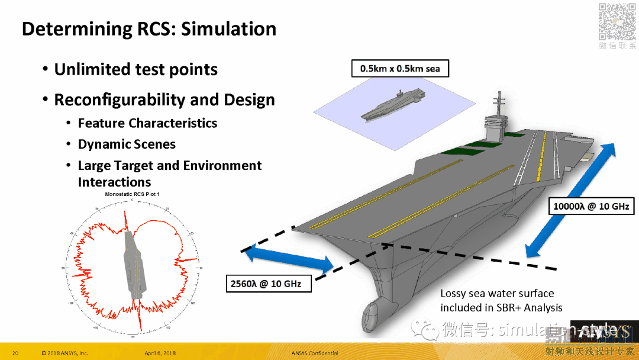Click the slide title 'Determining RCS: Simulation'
(x=149, y=29)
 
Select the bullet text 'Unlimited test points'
(x=135, y=70)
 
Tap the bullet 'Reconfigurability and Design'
(x=164, y=99)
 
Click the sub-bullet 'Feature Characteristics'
(x=147, y=123)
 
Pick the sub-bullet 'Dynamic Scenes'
(x=127, y=144)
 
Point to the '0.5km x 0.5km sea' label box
(x=400, y=69)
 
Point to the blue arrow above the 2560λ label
(x=288, y=261)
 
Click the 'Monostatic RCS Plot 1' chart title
(x=133, y=194)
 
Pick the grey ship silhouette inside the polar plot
(x=133, y=264)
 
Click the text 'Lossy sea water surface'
(x=497, y=293)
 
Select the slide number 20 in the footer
(x=15, y=353)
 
